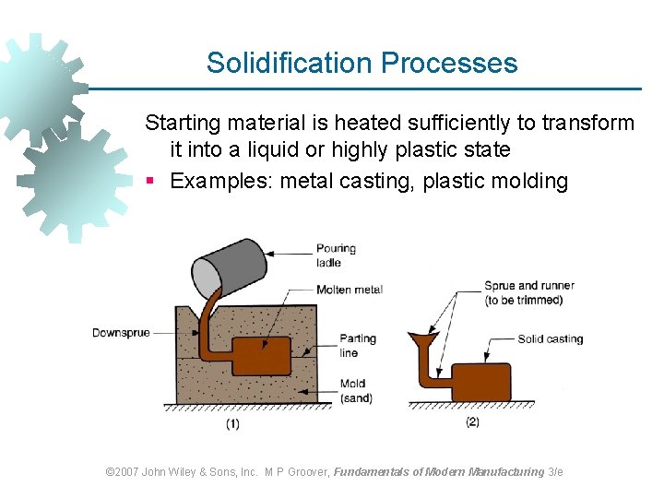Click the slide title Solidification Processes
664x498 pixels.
(x=362, y=63)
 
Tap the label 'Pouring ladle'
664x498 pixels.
(x=336, y=255)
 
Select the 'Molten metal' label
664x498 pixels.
(x=349, y=290)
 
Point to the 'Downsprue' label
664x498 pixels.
(x=121, y=333)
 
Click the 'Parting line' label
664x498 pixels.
(x=358, y=345)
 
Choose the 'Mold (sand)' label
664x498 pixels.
(x=356, y=391)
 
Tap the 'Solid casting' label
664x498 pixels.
(x=551, y=339)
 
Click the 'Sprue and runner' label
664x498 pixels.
(x=529, y=292)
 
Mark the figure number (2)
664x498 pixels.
(x=472, y=422)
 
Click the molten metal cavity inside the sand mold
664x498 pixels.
(x=261, y=355)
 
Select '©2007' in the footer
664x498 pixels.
(x=122, y=471)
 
